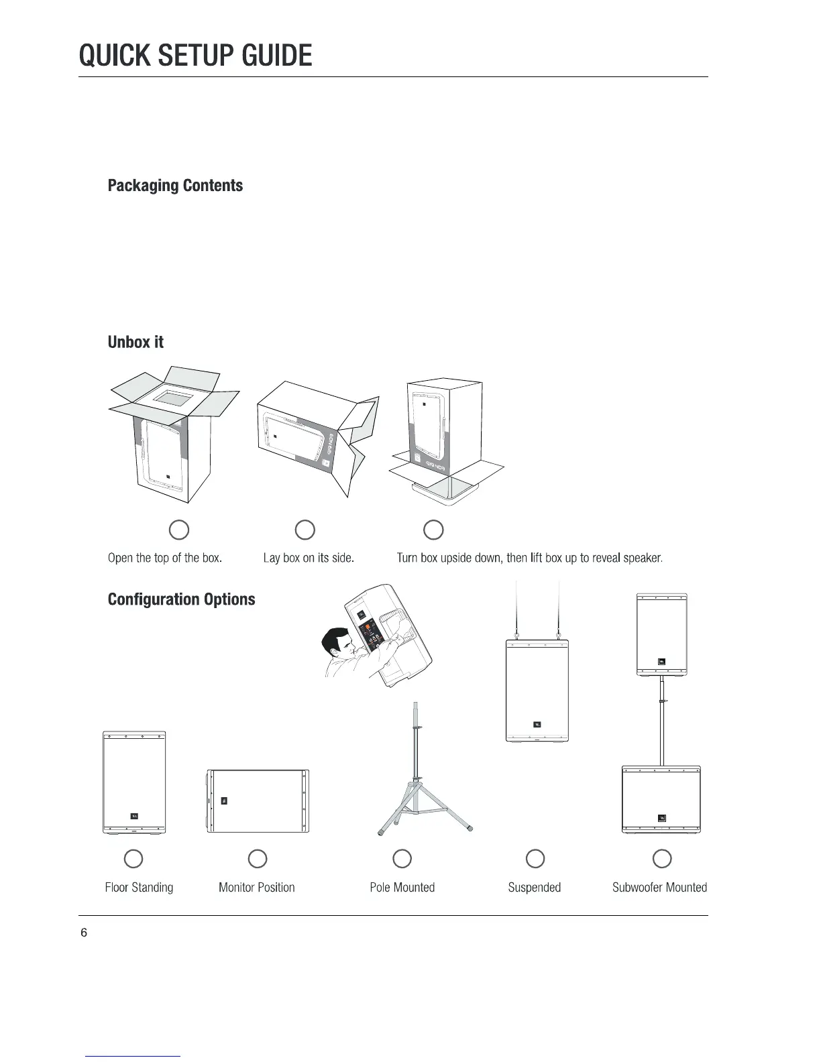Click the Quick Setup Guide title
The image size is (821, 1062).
[x=195, y=55]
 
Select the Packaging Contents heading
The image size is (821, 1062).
[x=175, y=186]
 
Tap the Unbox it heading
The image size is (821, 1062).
[x=135, y=343]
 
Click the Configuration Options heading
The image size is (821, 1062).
[x=181, y=599]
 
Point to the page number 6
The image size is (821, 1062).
[x=84, y=933]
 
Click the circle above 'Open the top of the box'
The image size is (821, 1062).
[x=178, y=530]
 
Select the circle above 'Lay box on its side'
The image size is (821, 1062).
[x=305, y=530]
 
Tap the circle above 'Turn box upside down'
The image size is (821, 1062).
[x=434, y=530]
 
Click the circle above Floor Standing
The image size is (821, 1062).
[x=133, y=859]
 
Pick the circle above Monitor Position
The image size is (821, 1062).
[x=258, y=859]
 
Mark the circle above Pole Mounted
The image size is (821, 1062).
[x=402, y=859]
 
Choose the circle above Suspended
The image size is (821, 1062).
[x=535, y=859]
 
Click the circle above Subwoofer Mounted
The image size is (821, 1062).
[x=662, y=859]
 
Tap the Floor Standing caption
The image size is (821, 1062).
[x=139, y=888]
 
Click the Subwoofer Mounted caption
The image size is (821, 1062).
[x=659, y=888]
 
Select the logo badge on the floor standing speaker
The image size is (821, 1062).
[x=133, y=815]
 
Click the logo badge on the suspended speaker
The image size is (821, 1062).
[x=537, y=724]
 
